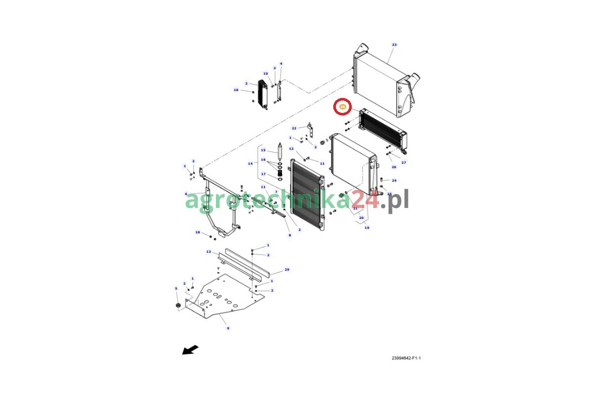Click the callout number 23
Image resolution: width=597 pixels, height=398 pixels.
[394, 45]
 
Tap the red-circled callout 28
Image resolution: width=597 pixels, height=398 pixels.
[343, 106]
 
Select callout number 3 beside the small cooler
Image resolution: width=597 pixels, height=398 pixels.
[246, 84]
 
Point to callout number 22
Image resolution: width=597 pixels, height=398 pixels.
[294, 128]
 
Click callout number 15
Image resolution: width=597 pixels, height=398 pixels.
[263, 150]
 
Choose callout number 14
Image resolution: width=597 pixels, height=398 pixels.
[250, 163]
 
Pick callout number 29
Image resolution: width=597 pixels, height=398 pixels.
[287, 270]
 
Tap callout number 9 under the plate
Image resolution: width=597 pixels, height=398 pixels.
[228, 328]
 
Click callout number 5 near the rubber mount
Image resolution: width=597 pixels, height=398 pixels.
[176, 289]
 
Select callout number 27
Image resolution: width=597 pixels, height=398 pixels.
[404, 163]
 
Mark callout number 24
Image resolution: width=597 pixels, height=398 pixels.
[394, 181]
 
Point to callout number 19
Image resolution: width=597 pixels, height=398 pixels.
[367, 228]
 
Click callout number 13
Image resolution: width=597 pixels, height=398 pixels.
[208, 252]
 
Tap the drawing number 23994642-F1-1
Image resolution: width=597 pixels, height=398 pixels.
[406, 358]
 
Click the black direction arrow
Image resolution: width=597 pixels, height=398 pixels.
[190, 350]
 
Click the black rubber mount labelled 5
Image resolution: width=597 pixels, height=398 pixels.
[177, 305]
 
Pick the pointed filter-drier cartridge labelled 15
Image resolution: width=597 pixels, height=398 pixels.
[280, 149]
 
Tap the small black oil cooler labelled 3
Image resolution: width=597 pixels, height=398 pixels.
[262, 94]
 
